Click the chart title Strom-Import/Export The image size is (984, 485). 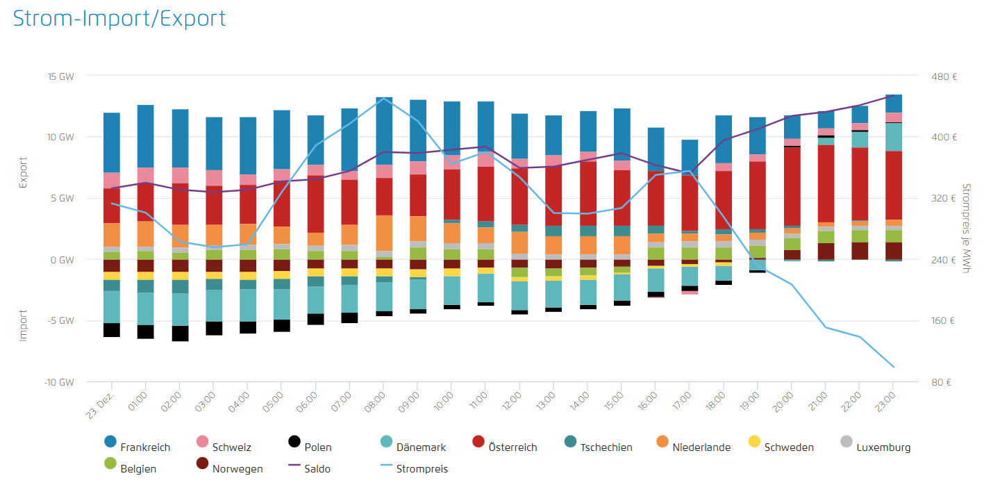[x=119, y=19]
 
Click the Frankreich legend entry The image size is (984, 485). [x=144, y=447]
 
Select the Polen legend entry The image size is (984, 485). [x=318, y=447]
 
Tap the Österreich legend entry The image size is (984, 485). [x=512, y=447]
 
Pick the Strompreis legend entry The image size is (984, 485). [x=422, y=469]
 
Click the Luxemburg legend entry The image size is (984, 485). [x=883, y=447]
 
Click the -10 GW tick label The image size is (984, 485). [x=58, y=382]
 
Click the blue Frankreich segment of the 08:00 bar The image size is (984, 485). [x=384, y=131]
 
